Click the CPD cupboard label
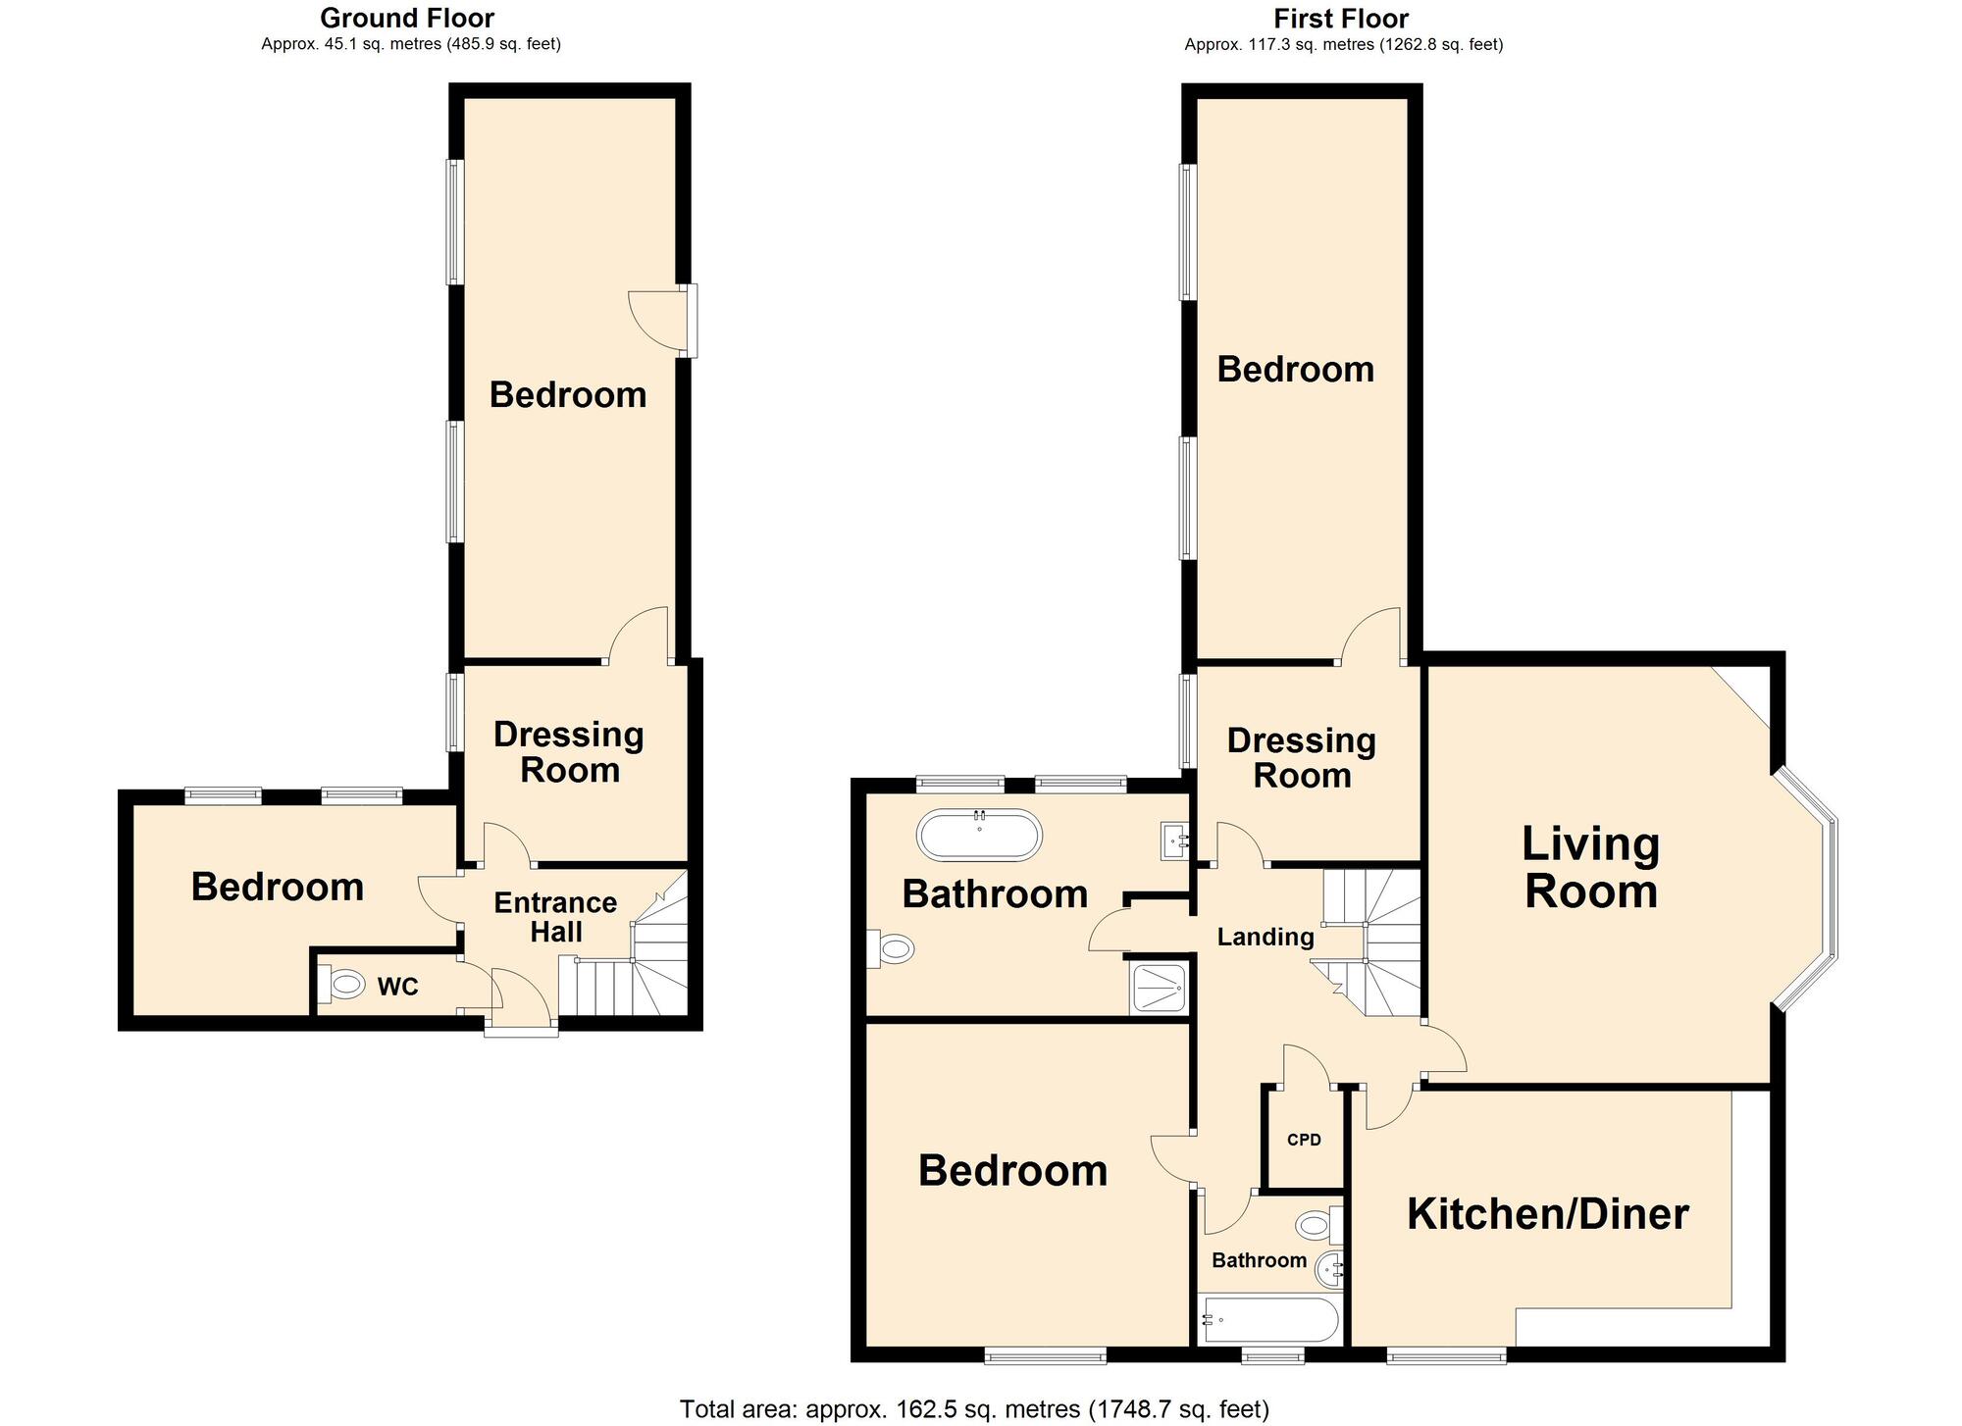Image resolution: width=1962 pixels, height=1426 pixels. click(x=1304, y=1140)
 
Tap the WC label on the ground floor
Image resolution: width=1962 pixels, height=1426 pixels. click(x=397, y=987)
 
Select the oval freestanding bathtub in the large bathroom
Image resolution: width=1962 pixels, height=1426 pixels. click(x=979, y=836)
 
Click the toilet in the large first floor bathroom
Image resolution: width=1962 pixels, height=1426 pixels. click(x=894, y=948)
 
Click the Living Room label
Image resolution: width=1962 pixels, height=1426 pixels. click(x=1590, y=868)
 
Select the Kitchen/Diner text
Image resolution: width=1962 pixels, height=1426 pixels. click(x=1547, y=1214)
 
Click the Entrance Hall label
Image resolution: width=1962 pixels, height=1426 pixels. click(x=555, y=917)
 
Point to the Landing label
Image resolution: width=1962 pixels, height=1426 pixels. click(x=1265, y=937)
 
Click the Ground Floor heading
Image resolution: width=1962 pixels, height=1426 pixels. click(x=407, y=18)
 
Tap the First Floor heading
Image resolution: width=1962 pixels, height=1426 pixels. click(x=1341, y=18)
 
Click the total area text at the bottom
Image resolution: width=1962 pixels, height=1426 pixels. click(x=974, y=1409)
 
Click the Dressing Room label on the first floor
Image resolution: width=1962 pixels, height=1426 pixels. click(x=1302, y=758)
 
